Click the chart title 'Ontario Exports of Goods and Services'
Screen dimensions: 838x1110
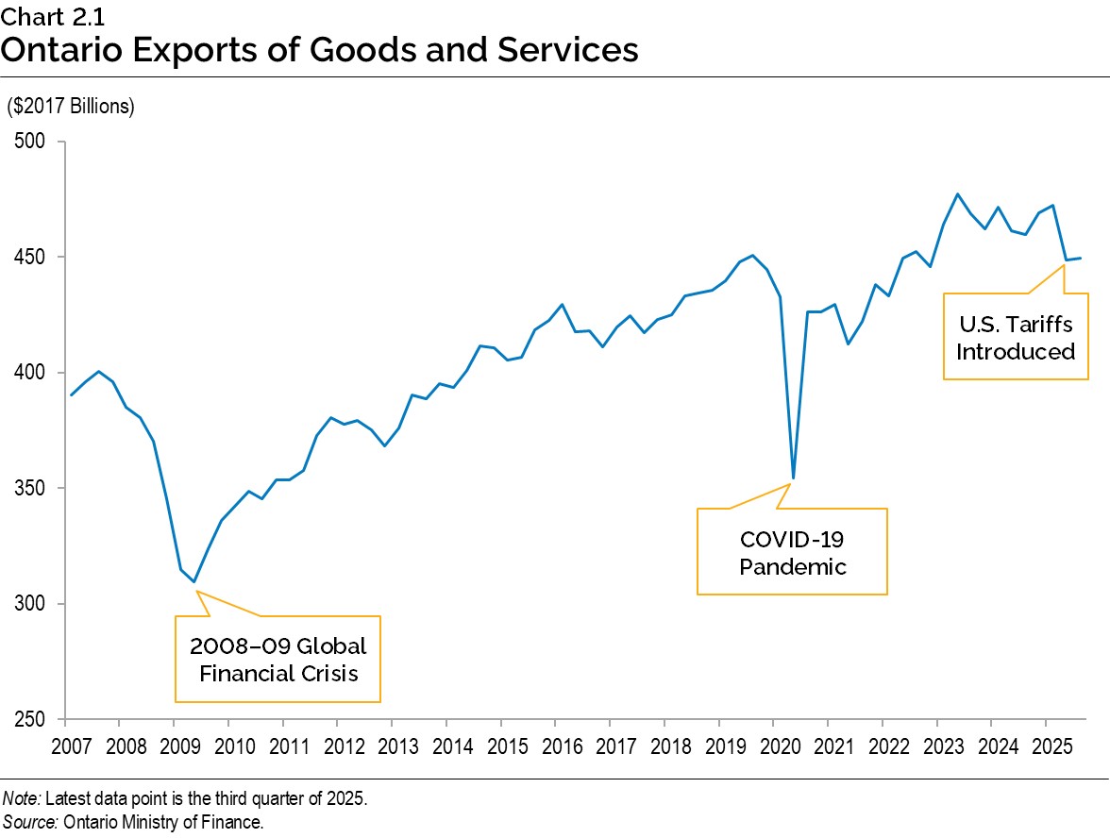[x=319, y=49]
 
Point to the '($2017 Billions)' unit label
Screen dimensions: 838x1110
[x=71, y=107]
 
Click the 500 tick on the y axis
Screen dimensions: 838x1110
[x=35, y=142]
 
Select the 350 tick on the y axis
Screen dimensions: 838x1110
[x=35, y=488]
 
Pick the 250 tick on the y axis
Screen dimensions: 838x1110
[x=35, y=719]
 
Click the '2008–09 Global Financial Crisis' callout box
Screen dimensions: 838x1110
[x=277, y=659]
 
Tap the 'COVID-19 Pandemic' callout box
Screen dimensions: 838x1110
[x=792, y=552]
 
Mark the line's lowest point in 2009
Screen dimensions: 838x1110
[x=194, y=582]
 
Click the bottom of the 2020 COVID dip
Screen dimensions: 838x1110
[x=794, y=478]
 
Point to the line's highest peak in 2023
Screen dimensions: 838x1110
[x=958, y=193]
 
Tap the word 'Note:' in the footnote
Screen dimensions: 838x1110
[x=21, y=798]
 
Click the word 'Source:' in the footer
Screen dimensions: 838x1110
[x=30, y=822]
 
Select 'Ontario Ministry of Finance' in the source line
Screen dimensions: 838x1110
[x=162, y=822]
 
